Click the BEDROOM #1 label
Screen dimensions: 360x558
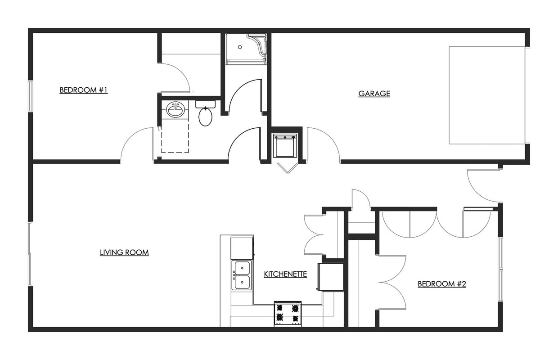pos(84,90)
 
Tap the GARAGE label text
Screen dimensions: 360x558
pos(374,94)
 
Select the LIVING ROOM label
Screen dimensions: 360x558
pos(124,252)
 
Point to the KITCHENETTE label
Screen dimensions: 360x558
pos(285,274)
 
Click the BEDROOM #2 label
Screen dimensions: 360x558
pos(441,284)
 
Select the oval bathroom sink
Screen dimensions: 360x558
pos(175,109)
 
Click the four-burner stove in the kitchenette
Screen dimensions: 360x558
pos(288,314)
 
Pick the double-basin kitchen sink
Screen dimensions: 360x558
pos(242,275)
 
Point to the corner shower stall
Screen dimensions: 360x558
pos(246,47)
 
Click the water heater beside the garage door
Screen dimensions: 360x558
pos(285,145)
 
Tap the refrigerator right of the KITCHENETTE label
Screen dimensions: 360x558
pos(331,277)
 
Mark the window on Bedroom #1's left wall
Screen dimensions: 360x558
pos(31,95)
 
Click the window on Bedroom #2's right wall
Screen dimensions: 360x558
pos(500,269)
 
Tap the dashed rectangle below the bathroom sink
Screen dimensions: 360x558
pos(175,135)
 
